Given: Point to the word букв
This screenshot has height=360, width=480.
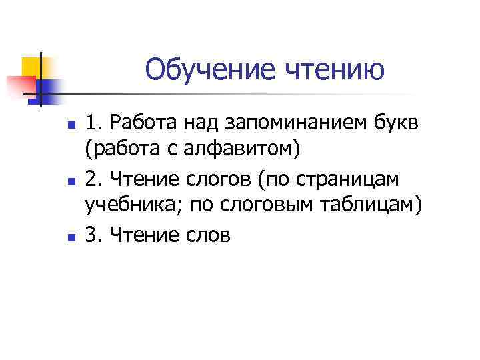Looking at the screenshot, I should pos(394,123).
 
